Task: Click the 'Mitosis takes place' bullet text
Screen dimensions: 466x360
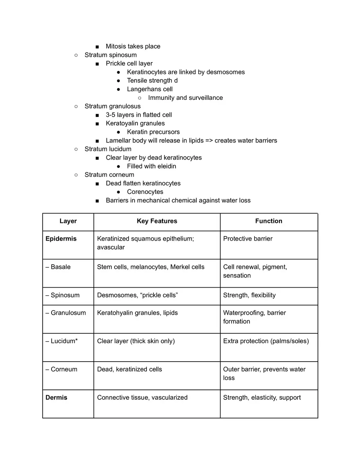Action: pyautogui.click(x=133, y=46)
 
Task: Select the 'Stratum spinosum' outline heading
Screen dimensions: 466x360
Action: pyautogui.click(x=110, y=55)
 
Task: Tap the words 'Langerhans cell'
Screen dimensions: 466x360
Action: pyautogui.click(x=150, y=89)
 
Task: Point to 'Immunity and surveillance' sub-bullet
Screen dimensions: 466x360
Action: pyautogui.click(x=185, y=98)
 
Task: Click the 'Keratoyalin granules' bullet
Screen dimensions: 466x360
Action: pyautogui.click(x=135, y=123)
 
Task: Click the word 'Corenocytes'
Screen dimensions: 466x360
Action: pyautogui.click(x=145, y=192)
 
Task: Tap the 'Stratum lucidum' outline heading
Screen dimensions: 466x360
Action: pyautogui.click(x=108, y=149)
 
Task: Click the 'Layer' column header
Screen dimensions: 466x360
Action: pyautogui.click(x=68, y=221)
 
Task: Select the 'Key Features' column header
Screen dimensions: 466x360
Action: pyautogui.click(x=157, y=221)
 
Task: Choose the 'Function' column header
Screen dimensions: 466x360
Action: pyautogui.click(x=268, y=221)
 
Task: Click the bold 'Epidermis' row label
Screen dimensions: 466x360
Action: pyautogui.click(x=61, y=239)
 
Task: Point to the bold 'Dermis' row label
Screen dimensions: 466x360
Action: pyautogui.click(x=56, y=397)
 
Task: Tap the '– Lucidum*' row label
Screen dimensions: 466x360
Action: pyautogui.click(x=61, y=341)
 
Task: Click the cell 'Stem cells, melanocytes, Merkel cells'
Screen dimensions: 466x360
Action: pyautogui.click(x=151, y=267)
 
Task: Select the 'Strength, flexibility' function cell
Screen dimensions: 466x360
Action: pyautogui.click(x=249, y=295)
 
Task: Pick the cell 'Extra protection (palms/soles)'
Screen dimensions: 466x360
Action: pyautogui.click(x=266, y=341)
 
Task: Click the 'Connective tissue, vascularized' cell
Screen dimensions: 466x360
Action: pyautogui.click(x=142, y=397)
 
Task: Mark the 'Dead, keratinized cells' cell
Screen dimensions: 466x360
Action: pyautogui.click(x=129, y=369)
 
